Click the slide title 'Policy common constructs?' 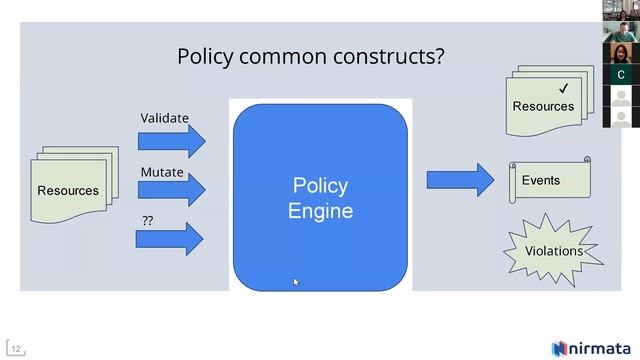click(310, 56)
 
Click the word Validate click(164, 118)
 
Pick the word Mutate click(162, 172)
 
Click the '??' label click(148, 220)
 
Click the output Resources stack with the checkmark click(544, 104)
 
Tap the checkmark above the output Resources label click(563, 88)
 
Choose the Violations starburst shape click(553, 250)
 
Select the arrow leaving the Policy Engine click(460, 180)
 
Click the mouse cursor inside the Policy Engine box click(296, 282)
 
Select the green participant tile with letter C click(622, 75)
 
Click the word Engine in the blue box click(320, 211)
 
